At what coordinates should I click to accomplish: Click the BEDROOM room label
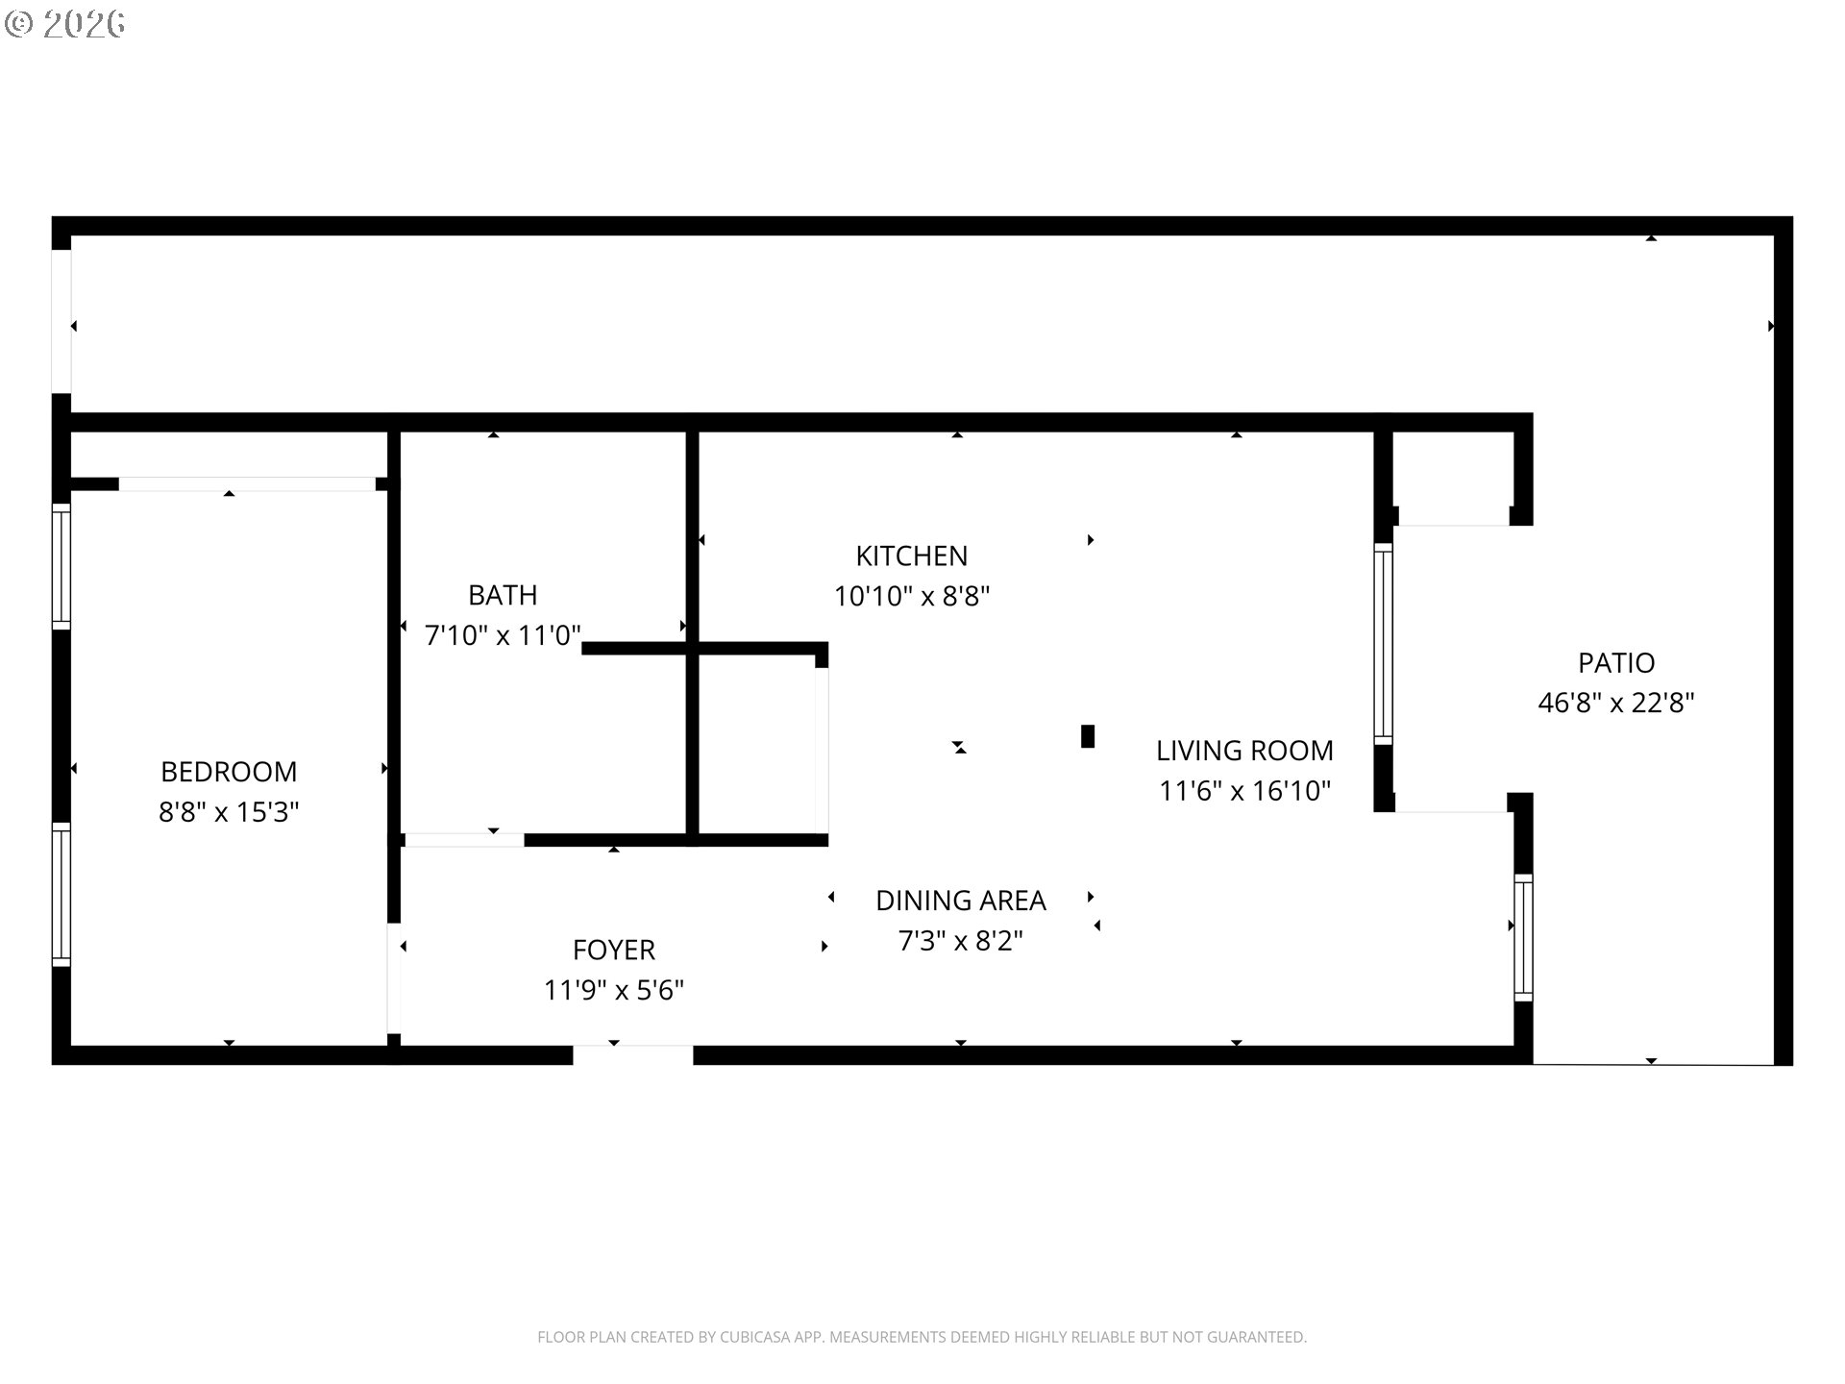click(229, 772)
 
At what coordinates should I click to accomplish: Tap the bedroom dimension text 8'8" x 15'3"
click(229, 812)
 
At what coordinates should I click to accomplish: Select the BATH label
click(503, 595)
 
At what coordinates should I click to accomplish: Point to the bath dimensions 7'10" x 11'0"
click(503, 635)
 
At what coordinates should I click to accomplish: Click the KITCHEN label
click(912, 556)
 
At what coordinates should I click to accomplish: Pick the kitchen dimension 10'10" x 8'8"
click(912, 596)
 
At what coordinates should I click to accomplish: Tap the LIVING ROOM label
click(1244, 751)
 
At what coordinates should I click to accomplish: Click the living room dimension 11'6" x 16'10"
click(1244, 791)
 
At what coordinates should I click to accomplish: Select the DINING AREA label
click(961, 901)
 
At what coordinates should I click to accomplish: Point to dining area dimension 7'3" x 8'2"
click(961, 941)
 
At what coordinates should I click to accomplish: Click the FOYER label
click(614, 950)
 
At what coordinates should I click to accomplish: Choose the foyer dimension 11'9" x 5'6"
click(614, 990)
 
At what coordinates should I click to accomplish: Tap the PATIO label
click(1616, 663)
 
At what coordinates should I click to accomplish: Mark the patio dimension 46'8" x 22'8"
click(1616, 704)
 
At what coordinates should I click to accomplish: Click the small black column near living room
click(1088, 736)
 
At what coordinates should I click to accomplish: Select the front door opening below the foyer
click(633, 1055)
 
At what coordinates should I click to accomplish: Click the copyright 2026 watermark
click(65, 24)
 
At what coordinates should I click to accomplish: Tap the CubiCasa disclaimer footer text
click(922, 1337)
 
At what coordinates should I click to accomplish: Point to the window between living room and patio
click(1384, 644)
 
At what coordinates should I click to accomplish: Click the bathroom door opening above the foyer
click(465, 840)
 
